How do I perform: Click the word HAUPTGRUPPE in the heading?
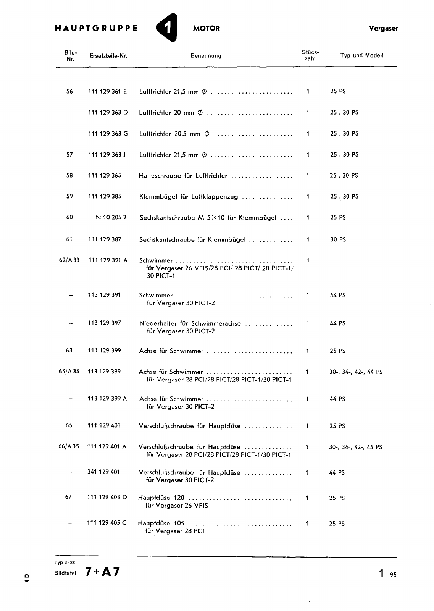pyautogui.click(x=96, y=28)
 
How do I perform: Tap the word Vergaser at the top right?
pyautogui.click(x=383, y=28)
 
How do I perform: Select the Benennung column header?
pyautogui.click(x=206, y=56)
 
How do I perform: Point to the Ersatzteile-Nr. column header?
pyautogui.click(x=108, y=56)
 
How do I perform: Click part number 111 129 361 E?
pyautogui.click(x=107, y=92)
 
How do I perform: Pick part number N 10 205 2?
pyautogui.click(x=111, y=217)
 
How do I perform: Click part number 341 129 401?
pyautogui.click(x=103, y=472)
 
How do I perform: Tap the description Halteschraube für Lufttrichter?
pyautogui.click(x=183, y=176)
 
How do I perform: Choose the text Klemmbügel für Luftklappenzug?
pyautogui.click(x=189, y=197)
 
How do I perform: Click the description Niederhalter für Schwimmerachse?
pyautogui.click(x=190, y=323)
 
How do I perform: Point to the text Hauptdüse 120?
pyautogui.click(x=161, y=498)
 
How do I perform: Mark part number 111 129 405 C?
pyautogui.click(x=107, y=523)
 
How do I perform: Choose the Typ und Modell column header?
pyautogui.click(x=361, y=55)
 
